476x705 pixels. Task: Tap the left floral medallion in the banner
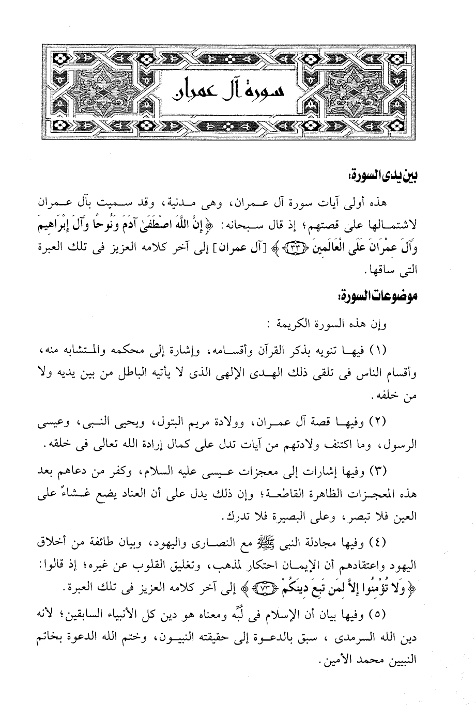pos(100,91)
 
